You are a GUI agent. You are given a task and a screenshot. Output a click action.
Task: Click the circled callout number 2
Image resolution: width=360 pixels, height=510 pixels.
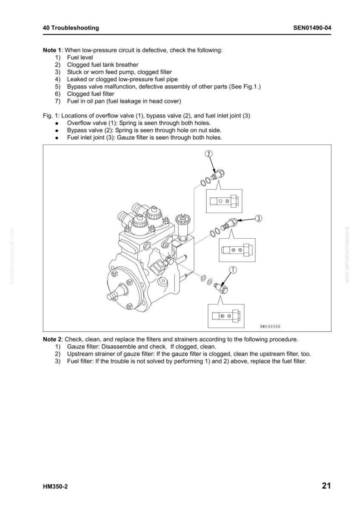click(x=208, y=153)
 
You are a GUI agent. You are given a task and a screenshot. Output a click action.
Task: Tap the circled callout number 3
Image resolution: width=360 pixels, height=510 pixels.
click(x=258, y=218)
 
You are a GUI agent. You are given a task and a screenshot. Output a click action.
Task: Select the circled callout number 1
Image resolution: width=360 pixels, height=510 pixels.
click(x=234, y=270)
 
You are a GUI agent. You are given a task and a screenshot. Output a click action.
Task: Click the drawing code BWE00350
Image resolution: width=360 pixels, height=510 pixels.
click(x=270, y=326)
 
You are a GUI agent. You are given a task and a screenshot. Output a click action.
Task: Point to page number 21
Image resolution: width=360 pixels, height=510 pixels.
click(x=326, y=486)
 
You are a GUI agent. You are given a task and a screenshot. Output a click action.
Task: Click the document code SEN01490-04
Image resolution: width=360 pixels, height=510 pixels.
click(x=312, y=28)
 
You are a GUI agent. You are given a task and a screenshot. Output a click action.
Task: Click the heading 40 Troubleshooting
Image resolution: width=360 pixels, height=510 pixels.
click(x=71, y=28)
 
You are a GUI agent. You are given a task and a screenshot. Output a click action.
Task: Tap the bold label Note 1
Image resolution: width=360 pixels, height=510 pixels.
click(x=52, y=50)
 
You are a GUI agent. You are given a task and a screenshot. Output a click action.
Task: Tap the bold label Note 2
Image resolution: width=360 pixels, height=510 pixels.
click(x=52, y=339)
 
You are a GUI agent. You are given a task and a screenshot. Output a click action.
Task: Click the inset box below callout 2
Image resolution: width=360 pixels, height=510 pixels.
click(x=224, y=201)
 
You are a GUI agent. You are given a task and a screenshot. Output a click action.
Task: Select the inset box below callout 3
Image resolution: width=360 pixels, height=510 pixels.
click(x=237, y=250)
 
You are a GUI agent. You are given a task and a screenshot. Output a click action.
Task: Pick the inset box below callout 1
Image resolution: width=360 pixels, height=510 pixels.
click(x=226, y=316)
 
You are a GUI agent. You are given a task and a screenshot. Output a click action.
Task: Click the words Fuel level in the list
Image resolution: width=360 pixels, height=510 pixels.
click(x=80, y=58)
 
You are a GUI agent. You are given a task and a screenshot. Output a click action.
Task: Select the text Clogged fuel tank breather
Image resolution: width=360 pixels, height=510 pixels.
click(x=102, y=65)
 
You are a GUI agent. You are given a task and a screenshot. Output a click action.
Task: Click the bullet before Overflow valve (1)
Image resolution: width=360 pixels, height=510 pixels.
click(x=57, y=123)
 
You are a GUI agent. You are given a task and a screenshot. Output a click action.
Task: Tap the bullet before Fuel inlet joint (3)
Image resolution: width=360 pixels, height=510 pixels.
click(x=57, y=138)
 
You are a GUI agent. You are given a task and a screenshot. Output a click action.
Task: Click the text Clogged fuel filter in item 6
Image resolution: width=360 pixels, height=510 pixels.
click(x=91, y=94)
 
